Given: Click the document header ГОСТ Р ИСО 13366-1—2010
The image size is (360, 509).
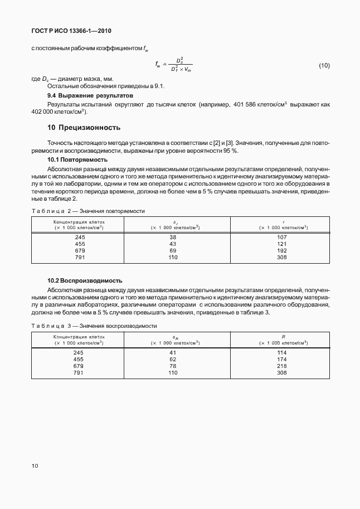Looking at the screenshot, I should tap(75, 31).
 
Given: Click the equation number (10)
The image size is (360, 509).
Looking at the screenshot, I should tap(324, 66).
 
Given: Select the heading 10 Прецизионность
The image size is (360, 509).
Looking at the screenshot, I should tap(84, 128).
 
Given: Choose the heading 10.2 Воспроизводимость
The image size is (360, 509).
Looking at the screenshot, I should tap(85, 280).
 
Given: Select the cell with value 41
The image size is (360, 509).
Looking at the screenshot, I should tap(172, 352).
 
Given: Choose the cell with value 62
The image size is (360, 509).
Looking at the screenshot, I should tap(172, 360).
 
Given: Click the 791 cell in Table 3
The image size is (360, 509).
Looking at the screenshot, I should tap(79, 373).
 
